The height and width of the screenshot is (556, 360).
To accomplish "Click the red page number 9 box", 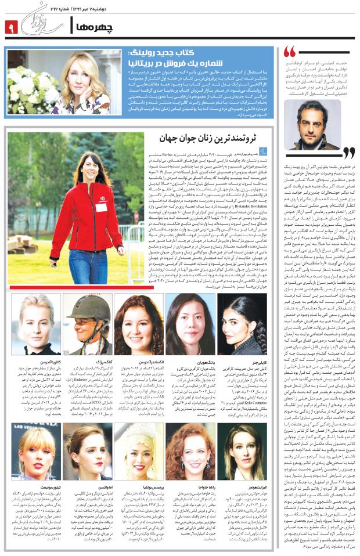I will click(x=12, y=26).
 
